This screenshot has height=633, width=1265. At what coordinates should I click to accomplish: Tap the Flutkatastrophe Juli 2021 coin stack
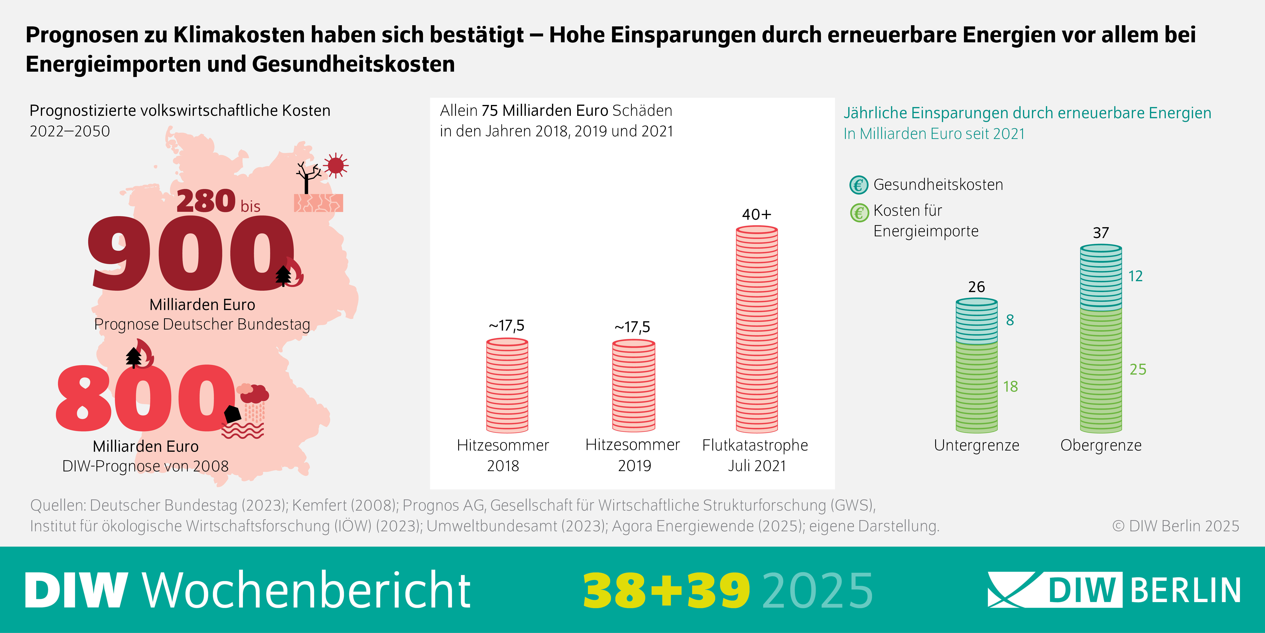757,329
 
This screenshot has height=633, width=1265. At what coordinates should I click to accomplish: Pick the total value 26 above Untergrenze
976,287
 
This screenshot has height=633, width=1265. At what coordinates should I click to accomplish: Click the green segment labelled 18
976,387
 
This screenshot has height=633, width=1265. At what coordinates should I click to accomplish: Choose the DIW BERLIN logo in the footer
1114,590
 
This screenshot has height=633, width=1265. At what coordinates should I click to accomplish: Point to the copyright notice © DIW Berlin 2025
1175,526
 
